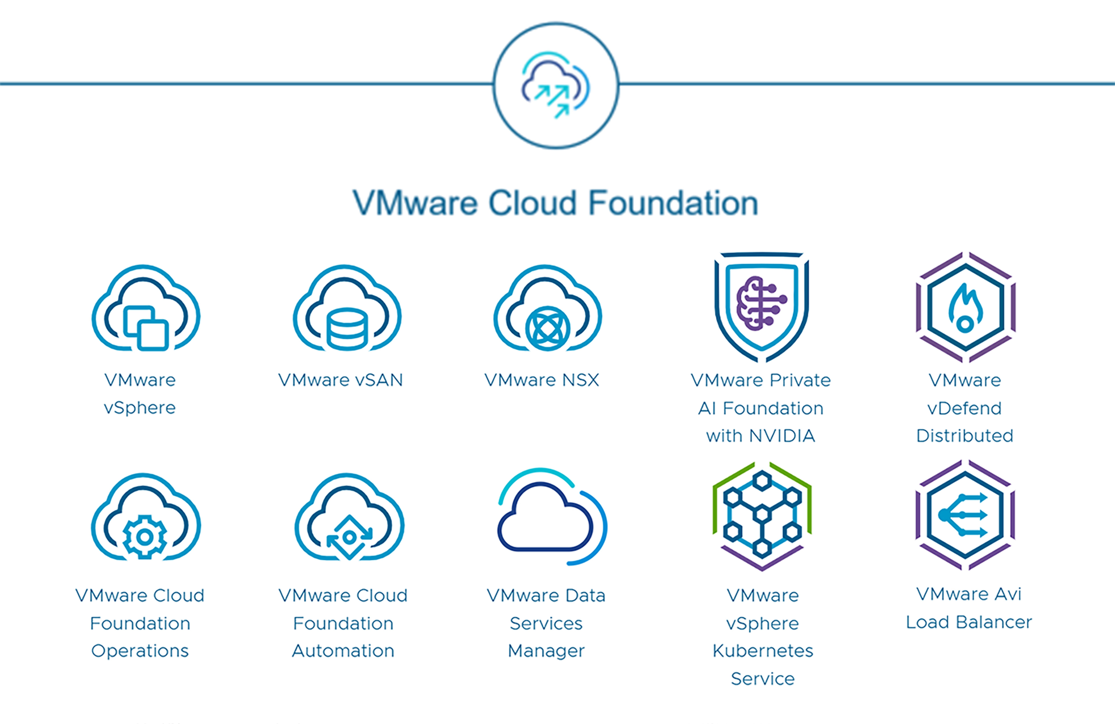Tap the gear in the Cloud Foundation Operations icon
pyautogui.click(x=144, y=537)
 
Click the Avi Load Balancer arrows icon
pyautogui.click(x=965, y=515)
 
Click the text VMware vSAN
pyautogui.click(x=341, y=380)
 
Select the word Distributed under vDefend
pyautogui.click(x=965, y=436)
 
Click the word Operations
pyautogui.click(x=140, y=651)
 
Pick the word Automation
pyautogui.click(x=343, y=651)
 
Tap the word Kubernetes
pyautogui.click(x=763, y=651)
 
